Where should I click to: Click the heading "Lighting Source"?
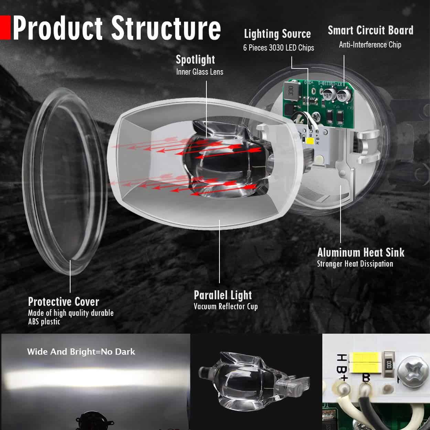coord(277,34)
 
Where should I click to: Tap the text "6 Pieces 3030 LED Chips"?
coord(278,48)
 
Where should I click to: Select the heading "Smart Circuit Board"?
coord(370,30)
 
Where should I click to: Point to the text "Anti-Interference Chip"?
coord(370,45)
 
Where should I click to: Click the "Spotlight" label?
coord(195,60)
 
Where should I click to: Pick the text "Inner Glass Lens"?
coord(200,72)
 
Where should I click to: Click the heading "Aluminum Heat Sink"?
coord(361,252)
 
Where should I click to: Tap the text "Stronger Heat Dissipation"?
coord(355,264)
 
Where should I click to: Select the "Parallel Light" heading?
coord(223,295)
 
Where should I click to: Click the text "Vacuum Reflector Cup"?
coord(225,307)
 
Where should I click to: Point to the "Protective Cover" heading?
coord(64,302)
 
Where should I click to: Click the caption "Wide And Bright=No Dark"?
coord(81,352)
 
